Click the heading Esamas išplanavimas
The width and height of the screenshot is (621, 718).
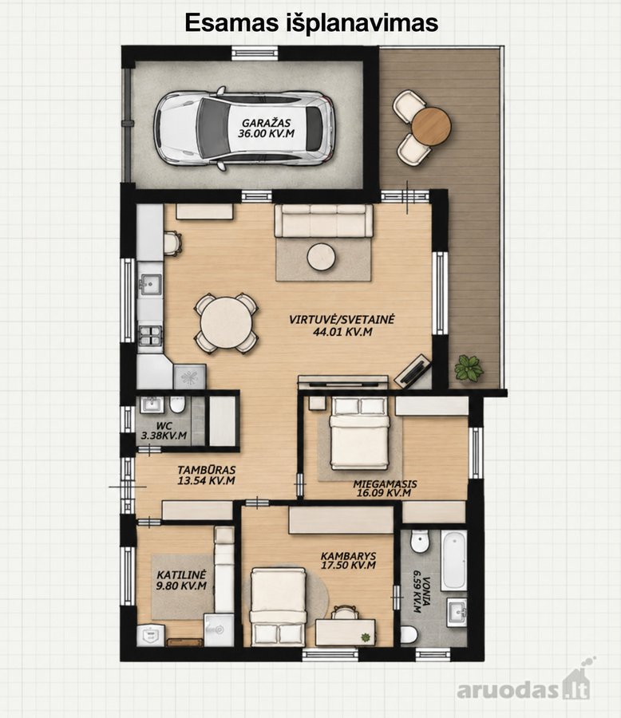pyautogui.click(x=311, y=23)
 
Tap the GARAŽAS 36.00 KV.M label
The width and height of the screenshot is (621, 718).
pyautogui.click(x=267, y=128)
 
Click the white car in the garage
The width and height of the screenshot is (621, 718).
pyautogui.click(x=243, y=128)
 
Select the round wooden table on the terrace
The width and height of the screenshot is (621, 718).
pyautogui.click(x=431, y=126)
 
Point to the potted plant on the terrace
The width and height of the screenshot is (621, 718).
pyautogui.click(x=469, y=367)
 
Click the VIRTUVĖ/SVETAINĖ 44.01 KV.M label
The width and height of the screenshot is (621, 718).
pyautogui.click(x=342, y=325)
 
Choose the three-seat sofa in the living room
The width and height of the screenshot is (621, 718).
pyautogui.click(x=323, y=220)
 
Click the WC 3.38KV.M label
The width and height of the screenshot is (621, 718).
pyautogui.click(x=164, y=431)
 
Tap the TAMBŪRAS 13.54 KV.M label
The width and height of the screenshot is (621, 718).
pyautogui.click(x=206, y=475)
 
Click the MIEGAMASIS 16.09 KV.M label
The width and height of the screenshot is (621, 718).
pyautogui.click(x=385, y=488)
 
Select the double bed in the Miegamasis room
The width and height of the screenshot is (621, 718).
pyautogui.click(x=360, y=432)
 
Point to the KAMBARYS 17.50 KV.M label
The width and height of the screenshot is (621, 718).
pyautogui.click(x=348, y=561)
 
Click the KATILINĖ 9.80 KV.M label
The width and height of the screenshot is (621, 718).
pyautogui.click(x=181, y=580)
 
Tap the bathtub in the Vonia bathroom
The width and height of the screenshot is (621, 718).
pyautogui.click(x=453, y=560)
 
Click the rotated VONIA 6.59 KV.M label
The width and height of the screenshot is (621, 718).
pyautogui.click(x=420, y=590)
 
